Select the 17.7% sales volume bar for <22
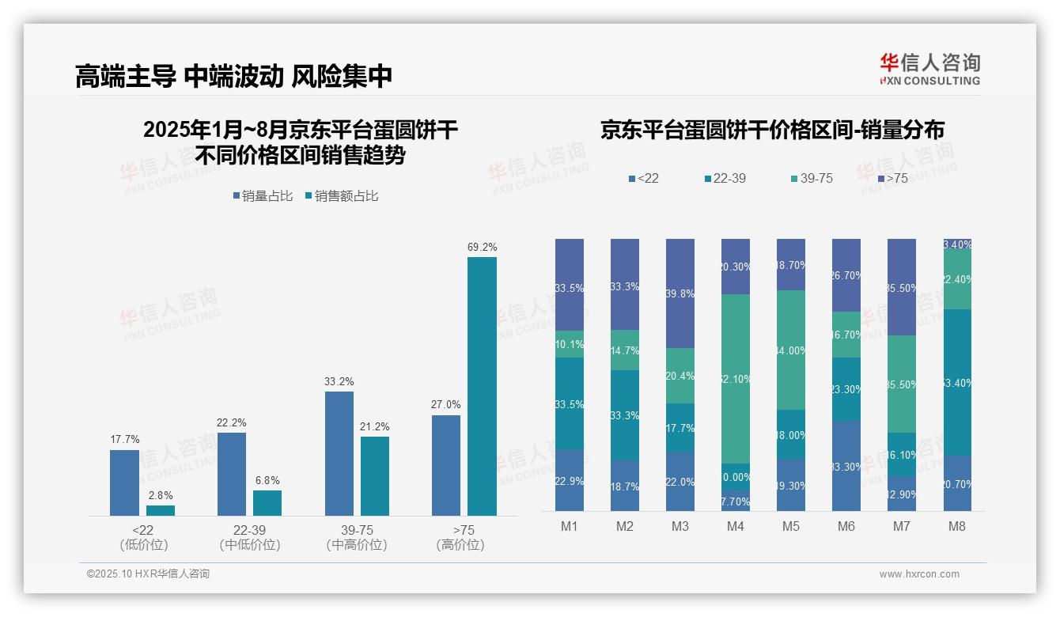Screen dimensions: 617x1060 point(124,483)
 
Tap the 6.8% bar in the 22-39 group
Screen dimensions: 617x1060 point(267,503)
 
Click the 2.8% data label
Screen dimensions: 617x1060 point(161,495)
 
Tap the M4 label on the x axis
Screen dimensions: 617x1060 point(735,527)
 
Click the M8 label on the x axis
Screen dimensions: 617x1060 point(956,527)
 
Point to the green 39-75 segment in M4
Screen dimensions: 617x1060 point(735,378)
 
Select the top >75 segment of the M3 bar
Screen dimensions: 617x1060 point(680,293)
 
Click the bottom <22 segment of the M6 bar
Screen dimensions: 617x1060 point(846,466)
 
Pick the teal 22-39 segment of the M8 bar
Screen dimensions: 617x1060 point(956,382)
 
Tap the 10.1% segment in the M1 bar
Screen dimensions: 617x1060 point(569,344)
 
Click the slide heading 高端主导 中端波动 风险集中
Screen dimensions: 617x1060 point(233,76)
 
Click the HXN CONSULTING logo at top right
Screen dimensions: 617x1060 point(929,70)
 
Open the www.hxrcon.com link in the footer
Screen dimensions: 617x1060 point(918,574)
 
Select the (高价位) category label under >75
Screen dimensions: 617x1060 point(460,545)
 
